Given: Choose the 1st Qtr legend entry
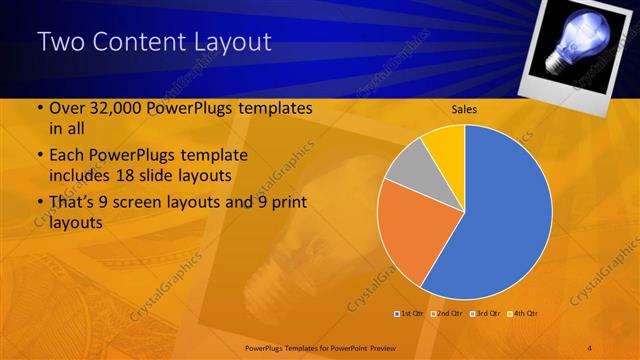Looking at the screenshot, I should [409, 313].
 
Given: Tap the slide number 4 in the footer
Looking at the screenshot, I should [590, 346].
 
